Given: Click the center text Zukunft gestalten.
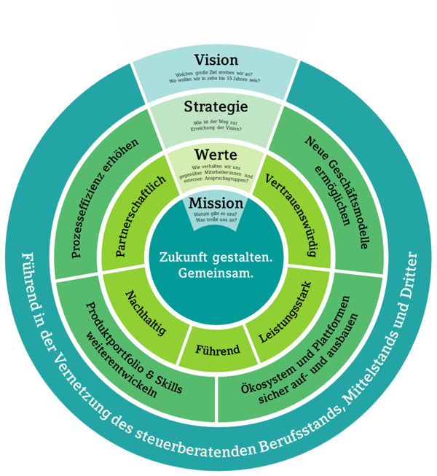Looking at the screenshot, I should [216, 258].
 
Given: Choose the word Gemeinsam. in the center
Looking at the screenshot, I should [216, 275].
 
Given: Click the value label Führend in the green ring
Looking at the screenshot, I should [216, 349].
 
